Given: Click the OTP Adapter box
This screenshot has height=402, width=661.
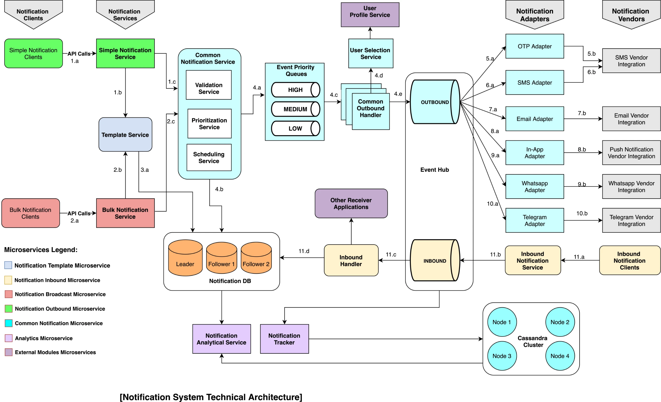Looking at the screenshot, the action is tap(534, 46).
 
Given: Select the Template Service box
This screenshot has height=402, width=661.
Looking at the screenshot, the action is tap(125, 134).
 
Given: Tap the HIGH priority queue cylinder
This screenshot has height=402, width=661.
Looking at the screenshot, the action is tap(296, 90).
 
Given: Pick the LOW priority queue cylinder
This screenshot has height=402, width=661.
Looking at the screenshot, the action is tap(296, 129).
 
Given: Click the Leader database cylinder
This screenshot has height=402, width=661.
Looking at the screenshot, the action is tap(185, 258).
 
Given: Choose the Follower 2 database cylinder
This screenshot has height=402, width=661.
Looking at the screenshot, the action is tap(256, 258).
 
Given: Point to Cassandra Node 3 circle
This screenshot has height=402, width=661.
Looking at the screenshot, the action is tap(502, 356).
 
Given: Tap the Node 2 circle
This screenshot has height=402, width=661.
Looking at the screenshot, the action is tap(560, 322).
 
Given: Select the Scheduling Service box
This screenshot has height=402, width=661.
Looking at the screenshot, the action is tap(209, 158).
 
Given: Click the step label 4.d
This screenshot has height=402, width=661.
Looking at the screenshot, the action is tap(379, 75).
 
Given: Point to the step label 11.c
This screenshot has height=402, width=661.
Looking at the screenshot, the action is tap(391, 254).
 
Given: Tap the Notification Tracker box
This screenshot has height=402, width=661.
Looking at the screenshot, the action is tap(284, 339).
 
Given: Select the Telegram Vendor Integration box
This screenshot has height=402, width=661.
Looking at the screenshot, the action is tap(631, 220).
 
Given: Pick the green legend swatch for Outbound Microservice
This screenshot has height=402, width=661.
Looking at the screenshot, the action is tap(9, 309).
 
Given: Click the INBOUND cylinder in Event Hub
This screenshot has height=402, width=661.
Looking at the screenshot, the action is tap(435, 260).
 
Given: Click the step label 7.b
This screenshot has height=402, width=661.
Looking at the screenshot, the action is tap(582, 113).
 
